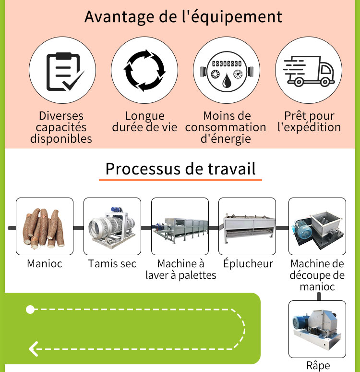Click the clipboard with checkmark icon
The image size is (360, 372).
tap(65, 72)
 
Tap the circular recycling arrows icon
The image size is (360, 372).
tap(144, 70)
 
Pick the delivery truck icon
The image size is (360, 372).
tap(309, 71)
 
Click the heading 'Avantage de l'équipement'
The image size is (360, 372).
tap(183, 17)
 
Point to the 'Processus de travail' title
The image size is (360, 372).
tap(180, 169)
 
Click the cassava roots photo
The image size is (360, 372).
tap(43, 228)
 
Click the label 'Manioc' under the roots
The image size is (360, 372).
tap(45, 263)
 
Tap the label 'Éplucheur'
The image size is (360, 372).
tap(248, 263)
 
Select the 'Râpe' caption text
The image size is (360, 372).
tap(318, 366)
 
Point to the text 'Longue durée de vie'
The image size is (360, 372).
tap(144, 122)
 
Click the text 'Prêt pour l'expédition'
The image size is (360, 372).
tap(309, 122)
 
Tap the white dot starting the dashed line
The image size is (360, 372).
tap(30, 310)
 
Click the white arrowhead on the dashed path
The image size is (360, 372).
tap(34, 349)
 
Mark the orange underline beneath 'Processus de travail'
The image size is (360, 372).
tap(180, 180)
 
